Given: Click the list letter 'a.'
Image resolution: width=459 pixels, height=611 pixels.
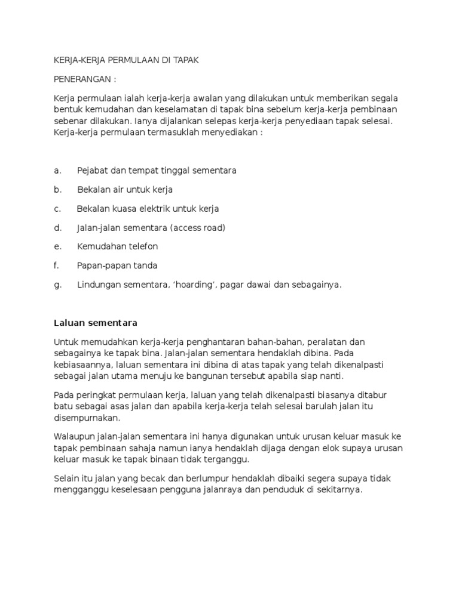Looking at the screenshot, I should click(58, 171).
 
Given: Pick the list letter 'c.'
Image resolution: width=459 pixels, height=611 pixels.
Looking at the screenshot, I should click(58, 209).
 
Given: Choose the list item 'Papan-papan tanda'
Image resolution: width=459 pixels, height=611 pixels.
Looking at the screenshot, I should click(117, 266).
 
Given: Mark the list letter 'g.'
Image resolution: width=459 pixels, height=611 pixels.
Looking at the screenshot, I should click(58, 285).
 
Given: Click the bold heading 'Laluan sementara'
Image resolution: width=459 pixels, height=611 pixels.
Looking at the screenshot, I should click(96, 323).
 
